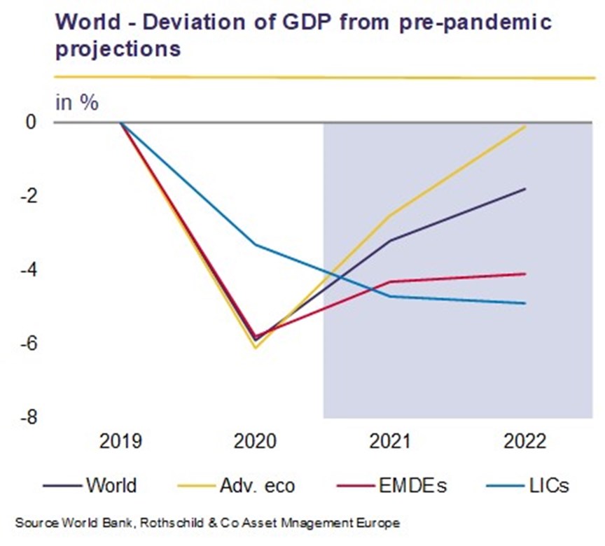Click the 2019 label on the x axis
(x=120, y=441)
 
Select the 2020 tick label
(x=255, y=441)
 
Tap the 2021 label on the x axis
(x=390, y=441)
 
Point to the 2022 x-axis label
(x=524, y=441)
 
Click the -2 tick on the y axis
(x=29, y=196)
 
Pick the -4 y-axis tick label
(x=29, y=270)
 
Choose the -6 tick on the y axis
(x=29, y=344)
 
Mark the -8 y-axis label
(x=29, y=418)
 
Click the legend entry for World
(x=90, y=485)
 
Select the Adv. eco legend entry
(x=236, y=485)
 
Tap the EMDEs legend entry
(x=391, y=485)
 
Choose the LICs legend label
(x=528, y=485)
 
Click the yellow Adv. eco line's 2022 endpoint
(x=525, y=126)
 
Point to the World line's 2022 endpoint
(x=525, y=189)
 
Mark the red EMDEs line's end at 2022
(x=525, y=274)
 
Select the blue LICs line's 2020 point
(x=256, y=244)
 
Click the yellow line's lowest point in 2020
(x=256, y=347)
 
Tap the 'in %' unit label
(x=77, y=103)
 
